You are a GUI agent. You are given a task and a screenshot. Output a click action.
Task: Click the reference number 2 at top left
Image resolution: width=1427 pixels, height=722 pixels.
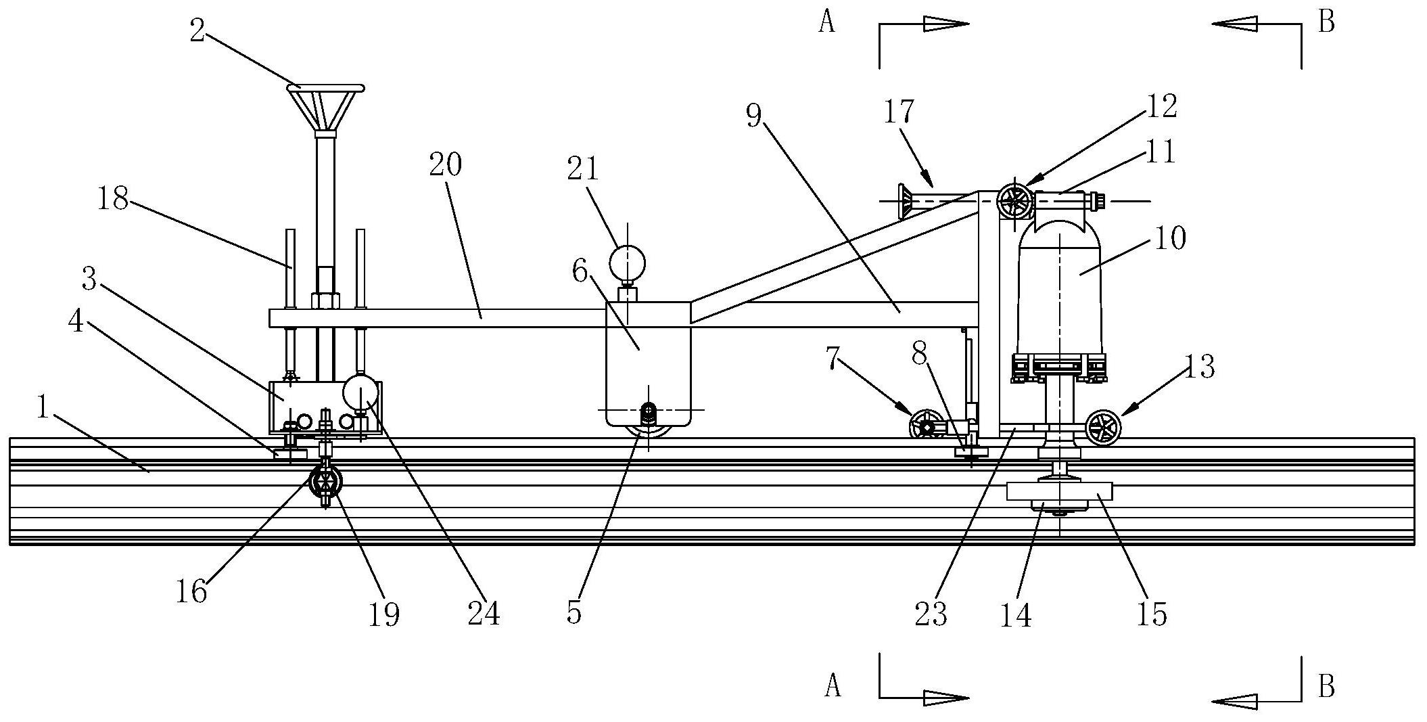197,31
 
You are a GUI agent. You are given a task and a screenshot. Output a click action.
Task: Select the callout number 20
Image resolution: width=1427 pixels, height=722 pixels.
446,164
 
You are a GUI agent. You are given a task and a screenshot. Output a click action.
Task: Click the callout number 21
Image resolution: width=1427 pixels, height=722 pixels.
583,168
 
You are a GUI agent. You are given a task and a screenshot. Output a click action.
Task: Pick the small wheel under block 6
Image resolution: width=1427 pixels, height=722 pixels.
649,434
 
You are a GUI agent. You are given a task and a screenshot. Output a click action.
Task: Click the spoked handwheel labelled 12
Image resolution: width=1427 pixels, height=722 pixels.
1015,201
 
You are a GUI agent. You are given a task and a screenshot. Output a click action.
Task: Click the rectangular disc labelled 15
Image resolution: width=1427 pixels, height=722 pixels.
1060,491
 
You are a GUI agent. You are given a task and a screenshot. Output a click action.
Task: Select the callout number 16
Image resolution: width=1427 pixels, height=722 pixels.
191,591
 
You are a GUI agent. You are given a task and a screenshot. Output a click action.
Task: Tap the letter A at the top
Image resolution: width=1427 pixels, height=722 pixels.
826,22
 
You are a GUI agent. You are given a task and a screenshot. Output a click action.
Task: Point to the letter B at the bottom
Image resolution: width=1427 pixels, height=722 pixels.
1327,687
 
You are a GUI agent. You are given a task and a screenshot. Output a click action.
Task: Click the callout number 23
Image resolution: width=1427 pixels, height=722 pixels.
931,614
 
